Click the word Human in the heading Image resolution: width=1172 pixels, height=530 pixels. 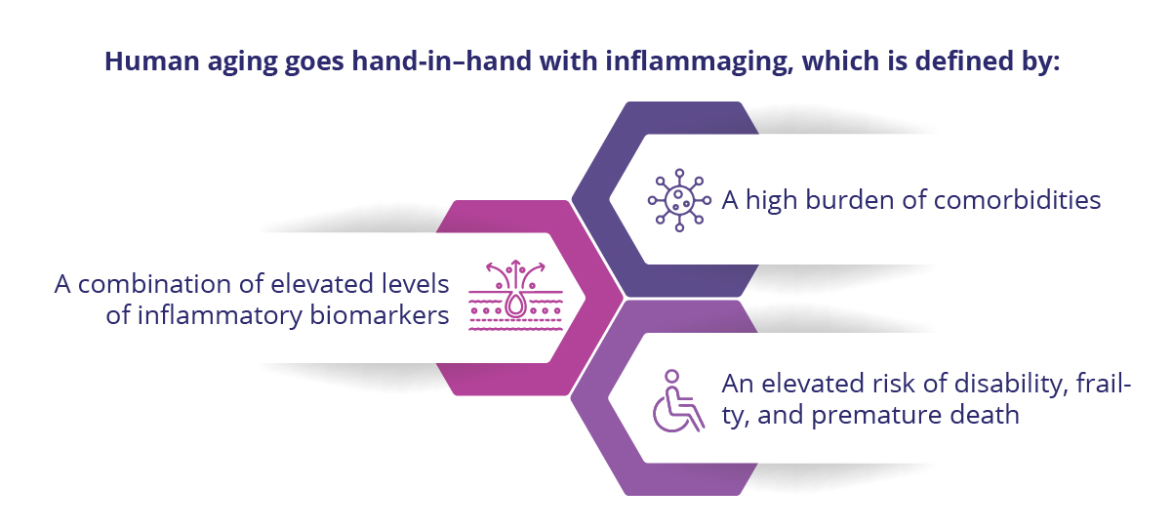(x=152, y=61)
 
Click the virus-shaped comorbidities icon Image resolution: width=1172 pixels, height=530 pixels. (x=679, y=200)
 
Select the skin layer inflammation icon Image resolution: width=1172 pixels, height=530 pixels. (x=515, y=295)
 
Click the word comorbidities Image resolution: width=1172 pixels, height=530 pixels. (x=1017, y=200)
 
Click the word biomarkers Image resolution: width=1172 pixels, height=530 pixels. (x=380, y=315)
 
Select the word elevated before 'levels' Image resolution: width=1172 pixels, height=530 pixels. (x=322, y=284)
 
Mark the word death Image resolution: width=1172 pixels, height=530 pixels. (x=985, y=415)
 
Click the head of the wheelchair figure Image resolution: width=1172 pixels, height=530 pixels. (x=671, y=376)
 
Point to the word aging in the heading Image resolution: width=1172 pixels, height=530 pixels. (x=242, y=62)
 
